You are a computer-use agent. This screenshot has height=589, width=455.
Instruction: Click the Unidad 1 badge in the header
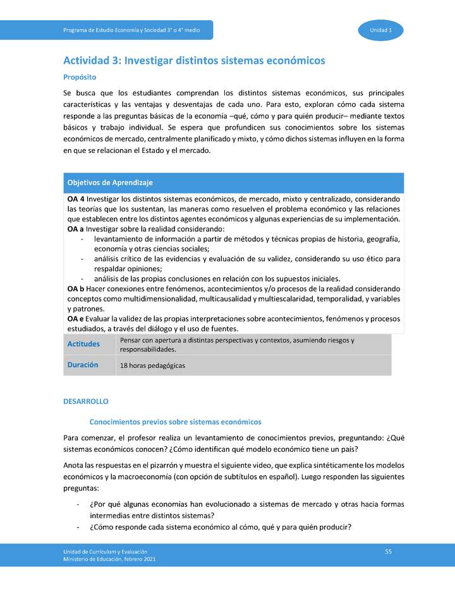tap(381, 30)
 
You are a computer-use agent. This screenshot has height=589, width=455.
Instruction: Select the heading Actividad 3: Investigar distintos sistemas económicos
tap(194, 61)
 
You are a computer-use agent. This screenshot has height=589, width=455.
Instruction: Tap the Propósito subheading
tap(80, 77)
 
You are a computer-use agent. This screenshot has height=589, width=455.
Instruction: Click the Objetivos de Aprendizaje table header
tap(110, 183)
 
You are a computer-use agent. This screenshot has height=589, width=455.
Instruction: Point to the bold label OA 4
tap(75, 199)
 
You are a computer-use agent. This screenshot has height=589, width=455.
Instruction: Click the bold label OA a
tap(75, 229)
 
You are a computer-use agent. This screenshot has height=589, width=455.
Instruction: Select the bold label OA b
tap(75, 289)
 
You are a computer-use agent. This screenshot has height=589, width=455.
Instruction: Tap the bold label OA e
tap(75, 319)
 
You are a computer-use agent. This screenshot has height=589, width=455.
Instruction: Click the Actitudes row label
tap(83, 344)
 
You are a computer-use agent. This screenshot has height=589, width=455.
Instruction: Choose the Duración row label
tap(82, 365)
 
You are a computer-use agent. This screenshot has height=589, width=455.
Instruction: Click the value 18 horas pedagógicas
tap(152, 366)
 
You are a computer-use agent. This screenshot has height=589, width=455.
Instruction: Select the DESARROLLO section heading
tap(86, 401)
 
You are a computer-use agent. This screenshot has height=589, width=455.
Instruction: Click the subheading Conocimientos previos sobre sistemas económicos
tap(176, 421)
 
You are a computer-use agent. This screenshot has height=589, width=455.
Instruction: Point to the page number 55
tap(389, 552)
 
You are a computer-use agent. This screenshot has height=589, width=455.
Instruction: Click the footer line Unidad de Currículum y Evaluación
tap(105, 552)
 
